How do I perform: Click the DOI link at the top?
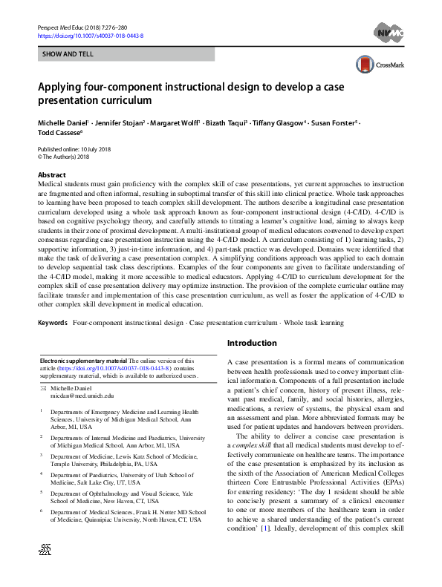(x=90, y=36)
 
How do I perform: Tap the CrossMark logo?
(x=378, y=64)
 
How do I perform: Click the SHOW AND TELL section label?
(x=66, y=55)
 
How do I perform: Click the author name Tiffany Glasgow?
(x=276, y=122)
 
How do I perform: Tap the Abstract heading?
(x=51, y=175)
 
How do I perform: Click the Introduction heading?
(x=252, y=343)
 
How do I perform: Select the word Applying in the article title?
(x=61, y=85)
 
